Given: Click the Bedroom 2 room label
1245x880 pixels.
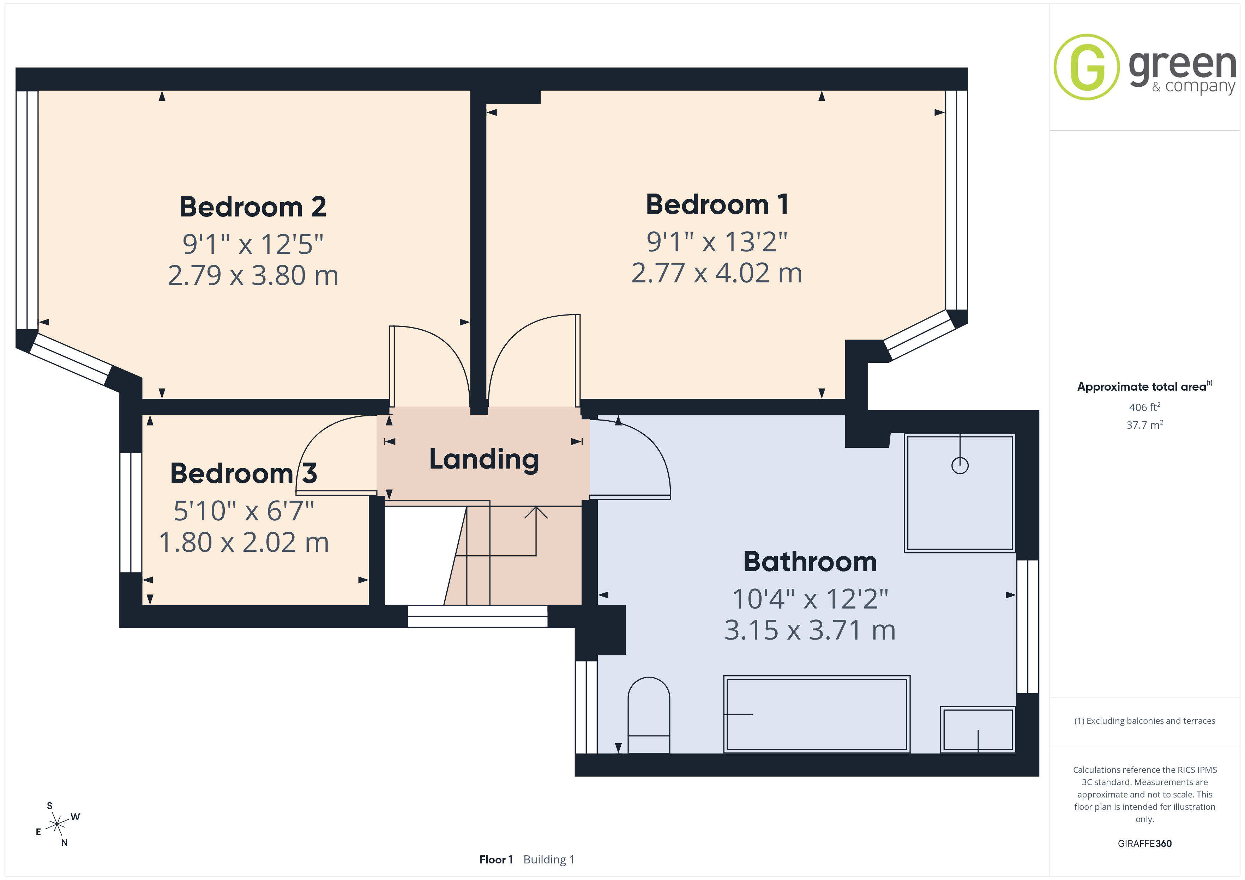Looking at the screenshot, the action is click(253, 207).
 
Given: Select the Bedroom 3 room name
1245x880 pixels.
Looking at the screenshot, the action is click(243, 473).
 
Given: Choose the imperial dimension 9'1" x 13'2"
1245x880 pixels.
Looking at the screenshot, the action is click(717, 242).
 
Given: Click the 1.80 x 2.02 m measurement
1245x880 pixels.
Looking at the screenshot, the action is click(244, 542).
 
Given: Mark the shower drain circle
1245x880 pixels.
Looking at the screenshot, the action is click(960, 465).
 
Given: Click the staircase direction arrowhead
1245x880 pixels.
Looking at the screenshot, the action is click(536, 512).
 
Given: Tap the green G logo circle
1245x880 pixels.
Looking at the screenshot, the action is click(1086, 67).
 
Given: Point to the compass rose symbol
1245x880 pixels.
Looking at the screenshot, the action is click(57, 825).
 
